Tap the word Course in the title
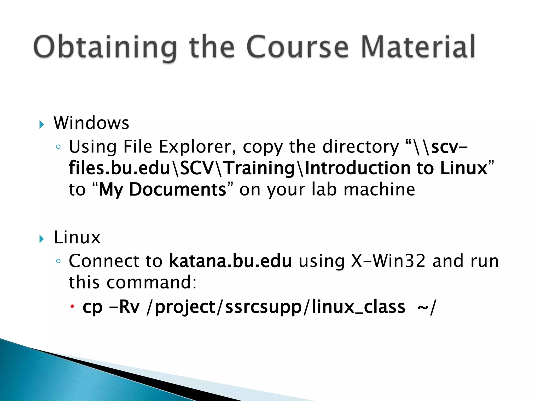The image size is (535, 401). (297, 47)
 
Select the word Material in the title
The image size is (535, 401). (418, 47)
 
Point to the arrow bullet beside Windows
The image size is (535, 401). (42, 125)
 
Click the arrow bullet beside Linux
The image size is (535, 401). (42, 239)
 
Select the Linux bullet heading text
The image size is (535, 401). (77, 237)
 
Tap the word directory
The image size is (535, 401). (360, 147)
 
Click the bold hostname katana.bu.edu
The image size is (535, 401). (230, 261)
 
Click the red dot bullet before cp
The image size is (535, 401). (72, 306)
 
